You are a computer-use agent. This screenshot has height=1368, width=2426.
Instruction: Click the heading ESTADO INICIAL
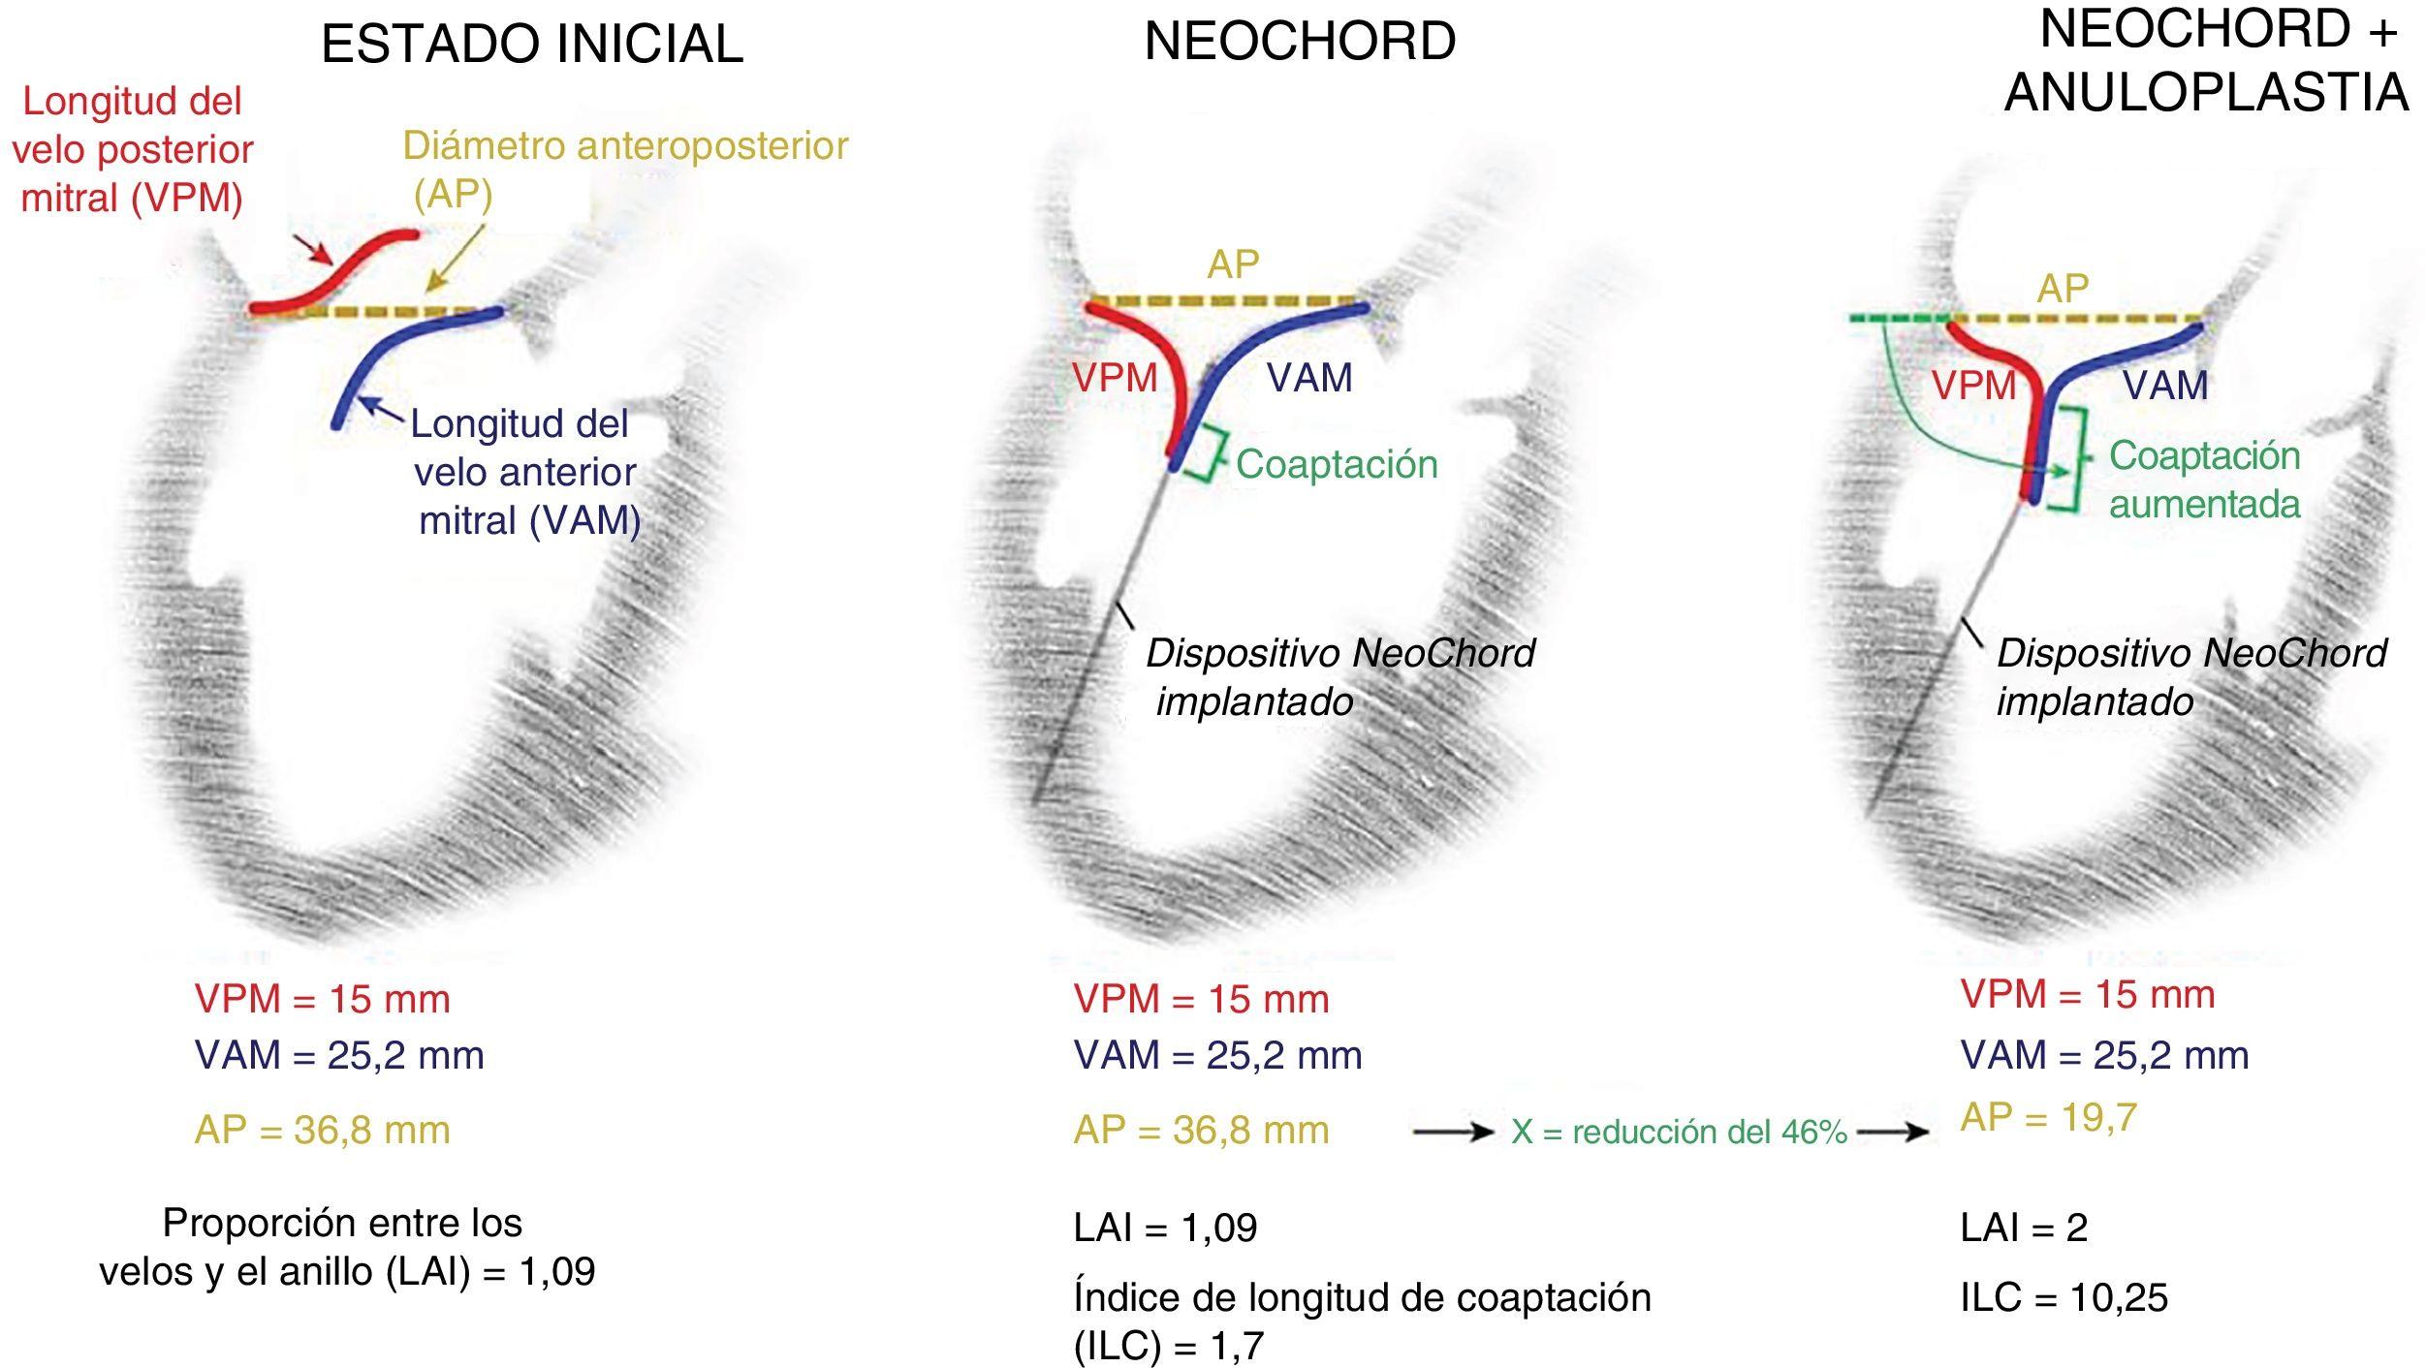point(532,45)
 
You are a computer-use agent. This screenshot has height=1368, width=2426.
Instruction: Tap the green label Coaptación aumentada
point(2204,480)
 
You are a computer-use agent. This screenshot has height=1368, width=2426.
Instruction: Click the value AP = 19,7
point(2048,1118)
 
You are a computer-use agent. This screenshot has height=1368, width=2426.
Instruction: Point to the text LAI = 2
point(2024,1228)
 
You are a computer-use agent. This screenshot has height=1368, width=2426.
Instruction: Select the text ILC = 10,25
point(2064,1297)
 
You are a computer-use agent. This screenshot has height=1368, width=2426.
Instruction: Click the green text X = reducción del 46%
point(1679,1132)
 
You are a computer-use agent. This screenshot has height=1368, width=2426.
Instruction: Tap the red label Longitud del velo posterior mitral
point(133,150)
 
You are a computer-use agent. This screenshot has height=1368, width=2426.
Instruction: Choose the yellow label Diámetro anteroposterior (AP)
point(625,170)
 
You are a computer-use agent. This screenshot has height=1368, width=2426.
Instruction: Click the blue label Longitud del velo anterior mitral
point(524,472)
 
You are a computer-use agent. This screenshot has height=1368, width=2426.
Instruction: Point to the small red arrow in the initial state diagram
point(315,250)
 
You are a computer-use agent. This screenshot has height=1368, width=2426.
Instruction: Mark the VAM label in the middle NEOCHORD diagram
point(1309,377)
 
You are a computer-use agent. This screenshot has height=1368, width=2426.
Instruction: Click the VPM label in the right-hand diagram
point(1973,386)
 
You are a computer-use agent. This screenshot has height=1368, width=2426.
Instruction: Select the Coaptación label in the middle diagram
point(1337,464)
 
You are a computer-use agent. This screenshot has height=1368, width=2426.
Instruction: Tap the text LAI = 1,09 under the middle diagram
point(1165,1228)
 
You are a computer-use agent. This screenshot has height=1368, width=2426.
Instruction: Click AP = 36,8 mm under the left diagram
point(322,1131)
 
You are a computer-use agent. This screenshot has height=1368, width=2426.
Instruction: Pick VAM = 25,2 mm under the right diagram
point(2104,1055)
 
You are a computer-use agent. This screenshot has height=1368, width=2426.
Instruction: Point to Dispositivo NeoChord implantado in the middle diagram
point(1339,677)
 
